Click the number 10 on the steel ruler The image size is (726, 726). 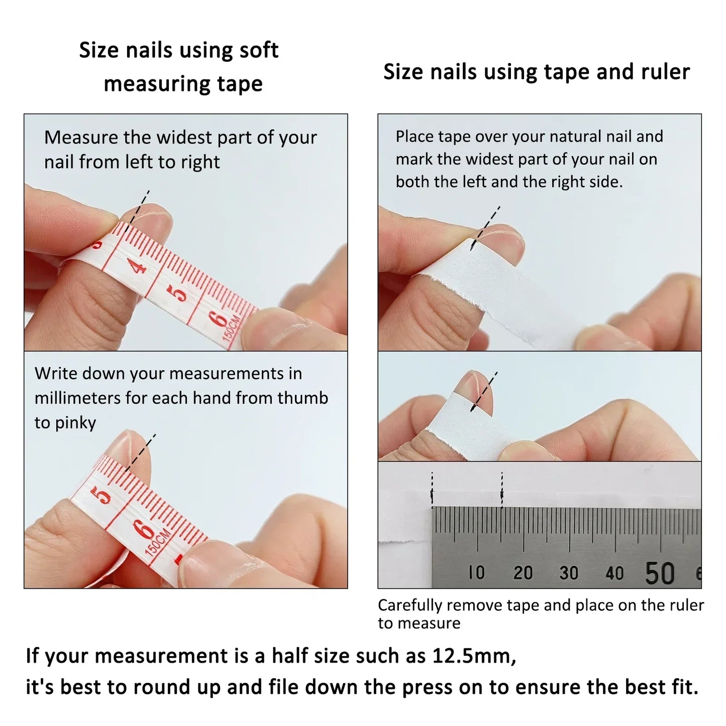click(x=476, y=572)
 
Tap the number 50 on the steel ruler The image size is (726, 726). click(x=659, y=573)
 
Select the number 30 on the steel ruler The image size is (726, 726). click(x=569, y=573)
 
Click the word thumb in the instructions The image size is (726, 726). click(x=303, y=398)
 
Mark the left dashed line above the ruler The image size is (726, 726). click(x=432, y=488)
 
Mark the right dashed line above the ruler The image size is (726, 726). click(x=501, y=488)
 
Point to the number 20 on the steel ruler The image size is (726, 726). click(x=523, y=573)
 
